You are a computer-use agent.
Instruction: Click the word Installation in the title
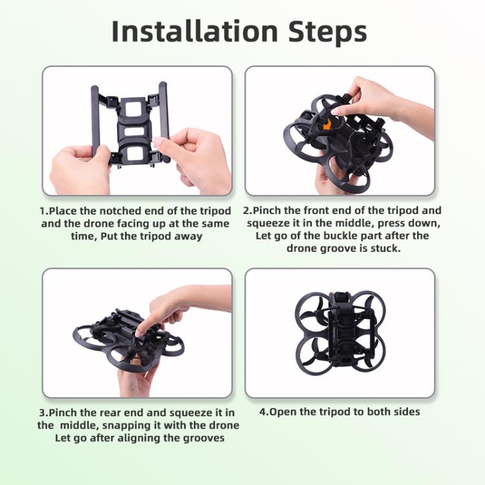pyautogui.click(x=195, y=32)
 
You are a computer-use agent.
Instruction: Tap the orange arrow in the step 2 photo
pyautogui.click(x=327, y=123)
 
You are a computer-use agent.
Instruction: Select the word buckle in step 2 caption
pyautogui.click(x=340, y=235)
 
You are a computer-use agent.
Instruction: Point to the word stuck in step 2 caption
pyautogui.click(x=385, y=248)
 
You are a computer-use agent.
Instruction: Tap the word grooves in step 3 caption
pyautogui.click(x=204, y=438)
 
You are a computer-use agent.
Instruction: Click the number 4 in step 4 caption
pyautogui.click(x=263, y=412)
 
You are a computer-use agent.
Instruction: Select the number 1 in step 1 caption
pyautogui.click(x=43, y=211)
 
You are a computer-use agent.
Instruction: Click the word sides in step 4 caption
pyautogui.click(x=407, y=412)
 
